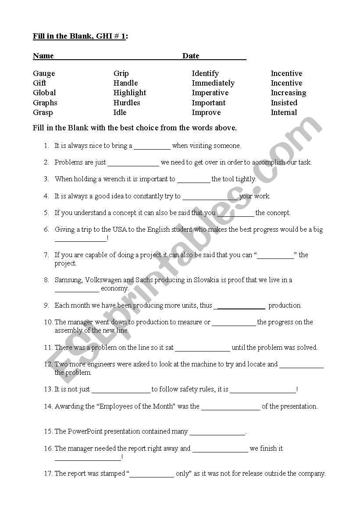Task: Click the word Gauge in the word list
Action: tap(44, 74)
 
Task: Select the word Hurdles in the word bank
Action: tap(127, 103)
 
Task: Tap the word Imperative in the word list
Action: tap(210, 93)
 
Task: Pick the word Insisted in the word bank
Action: tap(284, 103)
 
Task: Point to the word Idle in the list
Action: tap(120, 112)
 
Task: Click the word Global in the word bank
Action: tap(44, 93)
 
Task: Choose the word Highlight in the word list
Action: tap(130, 93)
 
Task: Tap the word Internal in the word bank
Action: tap(284, 112)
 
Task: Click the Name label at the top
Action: tap(43, 56)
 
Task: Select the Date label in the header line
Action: tap(191, 56)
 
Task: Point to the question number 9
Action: tap(46, 305)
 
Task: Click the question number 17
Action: tap(48, 474)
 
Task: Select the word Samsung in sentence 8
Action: tap(68, 280)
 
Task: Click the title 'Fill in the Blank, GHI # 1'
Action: tap(79, 36)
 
